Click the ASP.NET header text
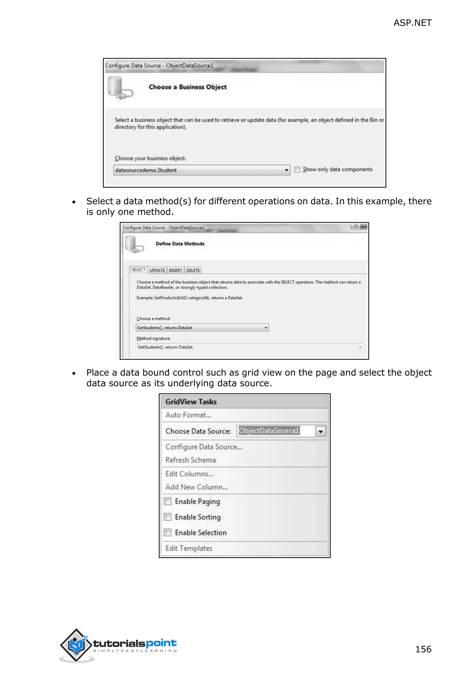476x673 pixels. coord(412,23)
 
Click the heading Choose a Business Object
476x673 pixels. coord(188,87)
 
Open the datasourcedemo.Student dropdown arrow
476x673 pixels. coord(286,170)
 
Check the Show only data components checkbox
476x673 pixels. coord(297,170)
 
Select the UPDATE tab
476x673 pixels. coord(157,270)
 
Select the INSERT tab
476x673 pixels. coord(175,270)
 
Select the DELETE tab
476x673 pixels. coord(193,270)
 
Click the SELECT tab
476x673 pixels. coord(138,270)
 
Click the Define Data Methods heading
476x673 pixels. coord(180,244)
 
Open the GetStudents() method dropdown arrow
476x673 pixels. coord(266,328)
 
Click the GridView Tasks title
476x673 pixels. coord(191,402)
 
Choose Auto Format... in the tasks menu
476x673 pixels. coord(188,415)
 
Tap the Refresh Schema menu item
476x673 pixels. coord(191,460)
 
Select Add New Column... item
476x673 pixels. coord(196,487)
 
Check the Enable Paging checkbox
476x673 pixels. coord(168,501)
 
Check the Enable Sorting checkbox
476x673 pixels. coord(168,517)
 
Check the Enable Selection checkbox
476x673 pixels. coord(168,533)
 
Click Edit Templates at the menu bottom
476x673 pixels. coord(189,548)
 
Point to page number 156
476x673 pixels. coord(423,649)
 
